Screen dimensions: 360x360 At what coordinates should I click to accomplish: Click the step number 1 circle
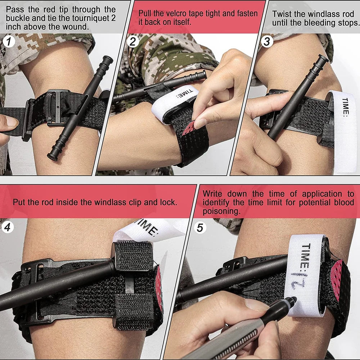click(x=9, y=42)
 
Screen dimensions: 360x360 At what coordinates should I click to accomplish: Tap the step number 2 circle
click(x=133, y=42)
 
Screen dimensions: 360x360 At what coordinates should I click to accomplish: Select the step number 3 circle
click(x=266, y=42)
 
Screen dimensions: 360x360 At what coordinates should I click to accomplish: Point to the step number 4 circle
click(x=8, y=228)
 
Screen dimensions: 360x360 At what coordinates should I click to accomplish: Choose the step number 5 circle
click(x=200, y=228)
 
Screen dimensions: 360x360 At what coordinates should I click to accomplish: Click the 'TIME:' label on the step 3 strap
click(x=345, y=107)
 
